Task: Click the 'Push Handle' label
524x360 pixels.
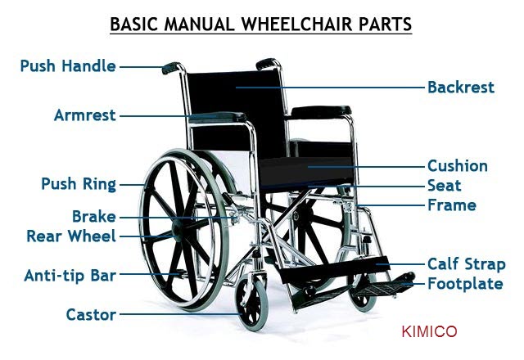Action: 67,65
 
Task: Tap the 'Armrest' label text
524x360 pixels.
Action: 84,115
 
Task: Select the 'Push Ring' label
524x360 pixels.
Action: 79,184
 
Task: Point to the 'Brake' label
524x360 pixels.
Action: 93,217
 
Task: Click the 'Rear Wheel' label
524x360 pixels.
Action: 71,236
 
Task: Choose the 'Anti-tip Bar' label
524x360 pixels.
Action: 70,275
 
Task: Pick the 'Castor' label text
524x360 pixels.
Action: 90,314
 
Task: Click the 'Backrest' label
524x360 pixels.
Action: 460,86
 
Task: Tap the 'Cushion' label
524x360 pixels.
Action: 457,166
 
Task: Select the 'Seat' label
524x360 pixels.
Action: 444,186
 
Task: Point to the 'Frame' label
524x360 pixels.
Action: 451,205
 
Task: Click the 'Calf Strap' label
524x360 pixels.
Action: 466,264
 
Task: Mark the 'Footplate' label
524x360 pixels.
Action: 465,284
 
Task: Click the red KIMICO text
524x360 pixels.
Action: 430,331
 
